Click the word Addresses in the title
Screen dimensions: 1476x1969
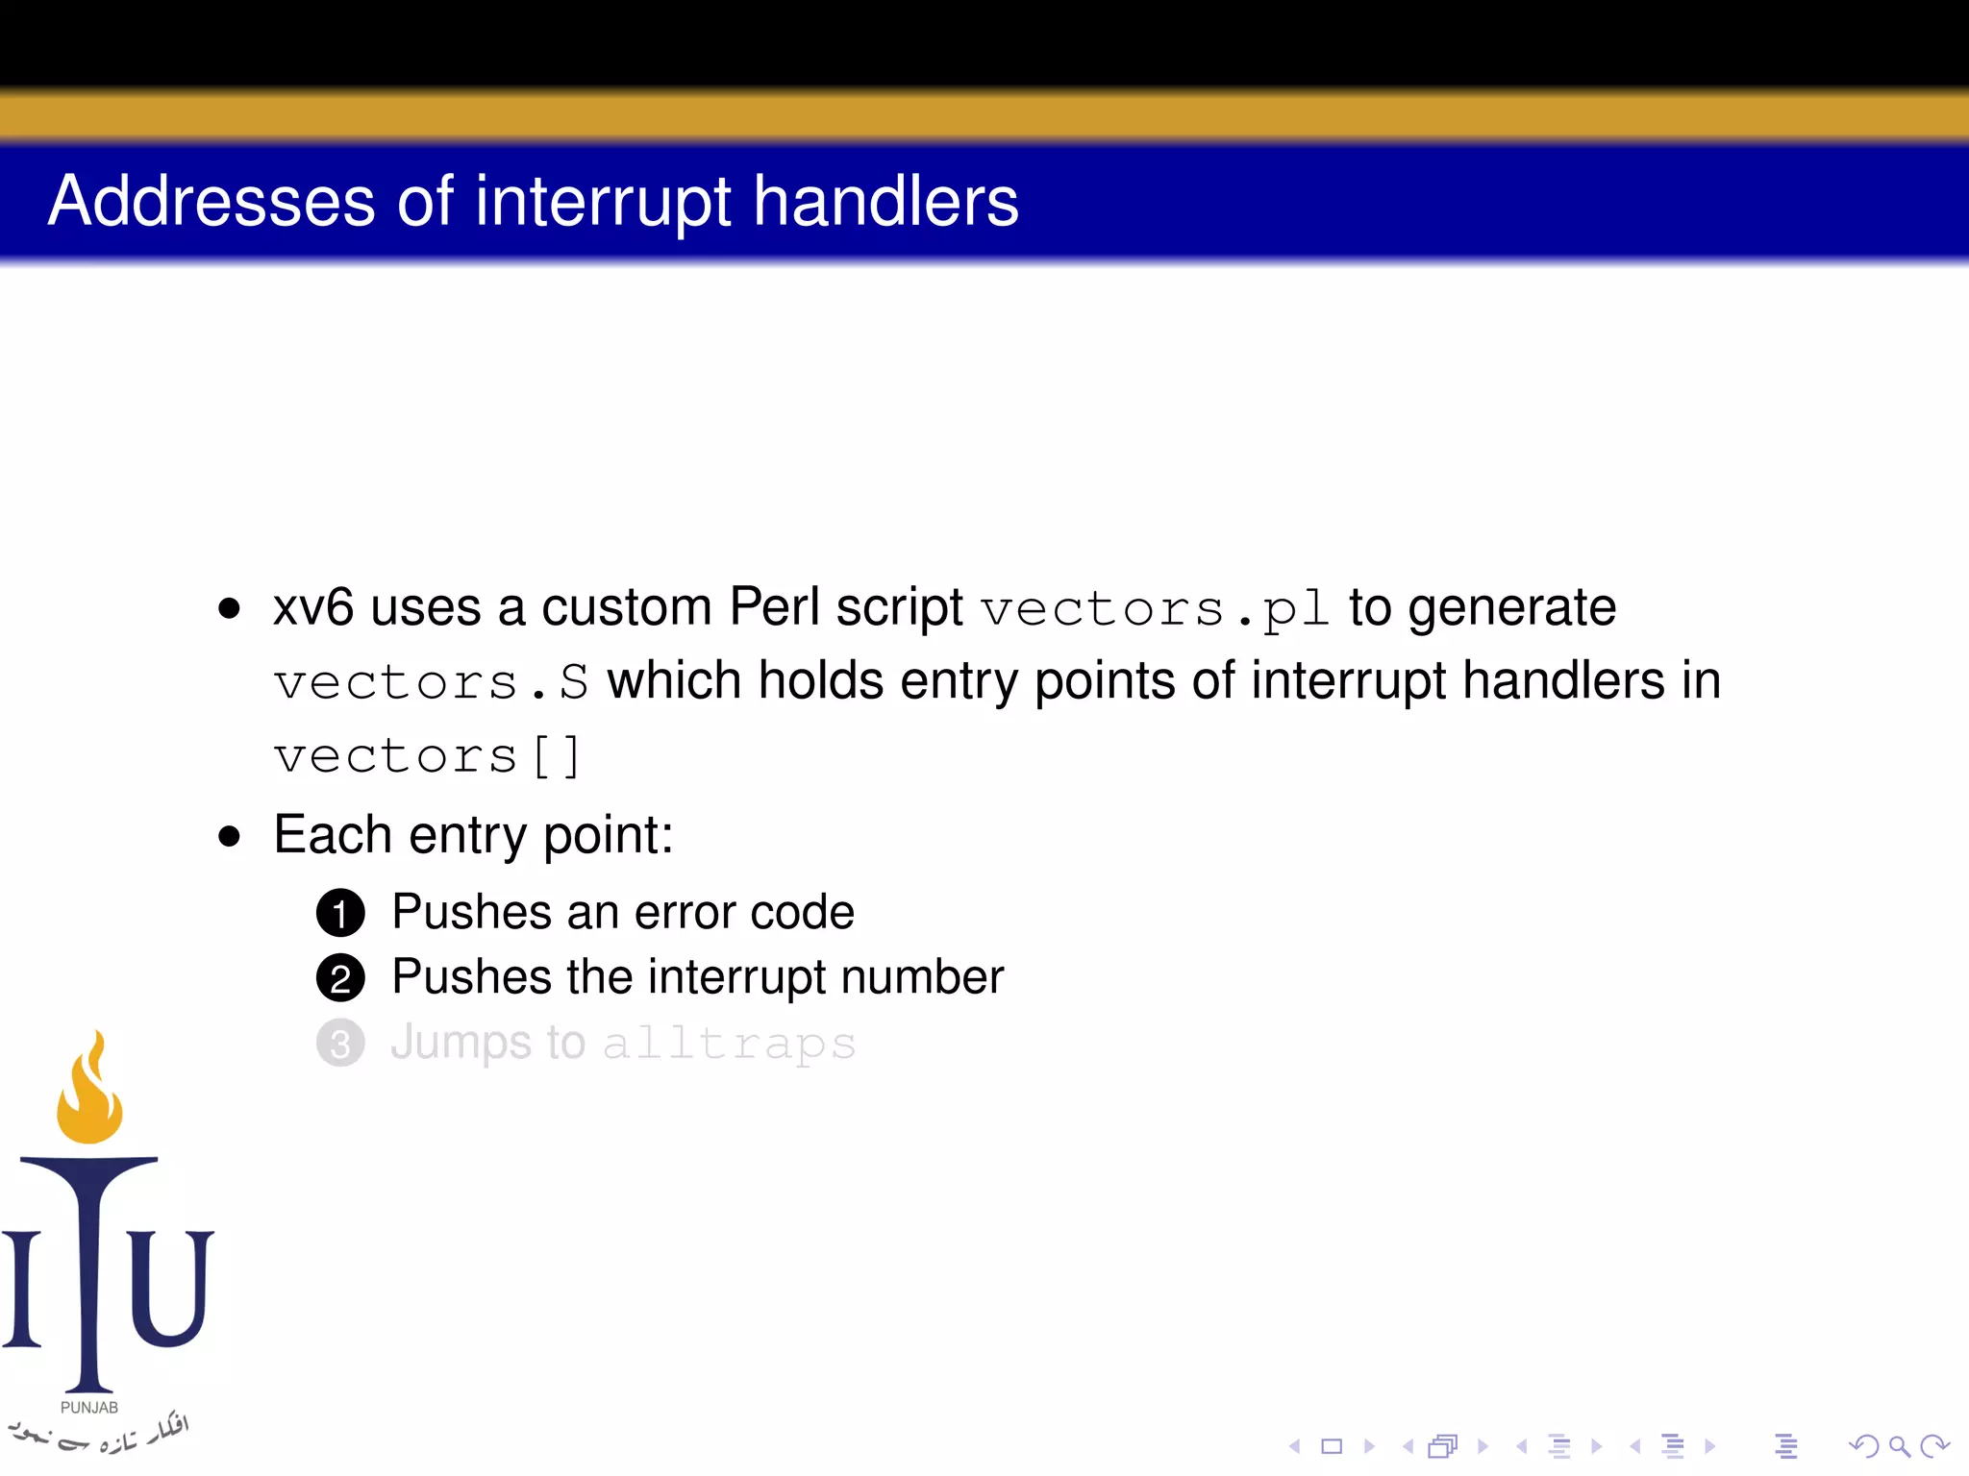(x=212, y=202)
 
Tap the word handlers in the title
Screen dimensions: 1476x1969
(x=885, y=202)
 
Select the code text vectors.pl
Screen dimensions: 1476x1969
(x=1155, y=609)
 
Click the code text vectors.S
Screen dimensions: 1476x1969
(x=431, y=683)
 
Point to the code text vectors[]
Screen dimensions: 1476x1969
(x=427, y=756)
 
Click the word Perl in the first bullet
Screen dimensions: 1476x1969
(x=774, y=607)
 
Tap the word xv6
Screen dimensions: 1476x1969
(x=313, y=607)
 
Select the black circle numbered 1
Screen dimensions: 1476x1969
(x=340, y=913)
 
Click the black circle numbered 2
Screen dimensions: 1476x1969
(x=340, y=978)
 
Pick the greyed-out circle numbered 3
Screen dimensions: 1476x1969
(x=340, y=1044)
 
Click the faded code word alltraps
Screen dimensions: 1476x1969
(x=729, y=1045)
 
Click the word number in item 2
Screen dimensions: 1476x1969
(x=922, y=977)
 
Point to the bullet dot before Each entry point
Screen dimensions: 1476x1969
(x=229, y=835)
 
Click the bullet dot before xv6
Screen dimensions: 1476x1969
(x=229, y=608)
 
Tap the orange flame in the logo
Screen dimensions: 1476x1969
(x=89, y=1095)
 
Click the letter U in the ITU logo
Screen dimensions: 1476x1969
(x=170, y=1288)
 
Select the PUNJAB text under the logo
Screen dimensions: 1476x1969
(x=89, y=1408)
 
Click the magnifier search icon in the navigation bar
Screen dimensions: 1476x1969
(x=1899, y=1446)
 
